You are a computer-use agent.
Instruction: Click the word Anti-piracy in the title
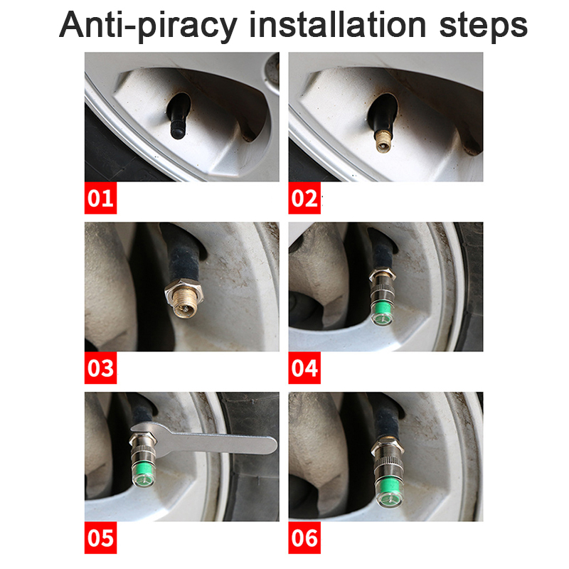click(x=148, y=26)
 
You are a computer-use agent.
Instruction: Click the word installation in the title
click(x=337, y=25)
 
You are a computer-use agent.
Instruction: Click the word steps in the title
click(x=484, y=27)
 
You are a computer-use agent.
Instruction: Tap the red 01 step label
click(x=100, y=198)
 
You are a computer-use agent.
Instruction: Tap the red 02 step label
click(x=304, y=198)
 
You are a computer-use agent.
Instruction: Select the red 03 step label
click(x=100, y=368)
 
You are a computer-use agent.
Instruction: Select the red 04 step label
click(x=304, y=368)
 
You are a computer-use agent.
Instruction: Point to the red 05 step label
click(x=100, y=538)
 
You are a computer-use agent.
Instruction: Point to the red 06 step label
click(x=304, y=538)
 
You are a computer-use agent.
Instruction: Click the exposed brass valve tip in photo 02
click(x=383, y=142)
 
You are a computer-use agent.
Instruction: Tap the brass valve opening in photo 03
click(x=185, y=309)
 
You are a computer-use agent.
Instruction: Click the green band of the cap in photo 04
click(x=382, y=309)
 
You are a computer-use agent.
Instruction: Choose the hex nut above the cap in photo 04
click(x=382, y=274)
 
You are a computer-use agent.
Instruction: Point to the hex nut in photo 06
click(x=388, y=447)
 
